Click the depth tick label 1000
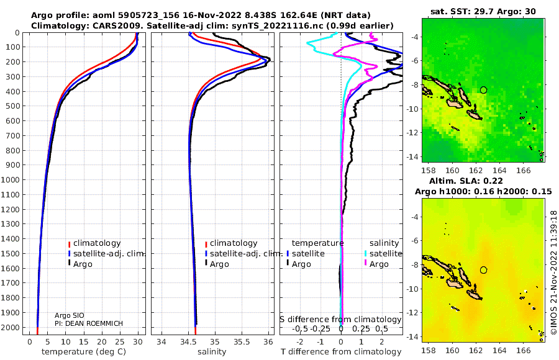[x=10, y=179]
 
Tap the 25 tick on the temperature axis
[x=120, y=342]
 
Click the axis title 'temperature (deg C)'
[x=84, y=352]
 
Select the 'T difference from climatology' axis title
[x=341, y=352]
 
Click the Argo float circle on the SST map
[x=483, y=90]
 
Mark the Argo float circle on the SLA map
[x=483, y=270]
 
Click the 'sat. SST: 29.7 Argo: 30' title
[x=483, y=11]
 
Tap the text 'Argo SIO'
[x=70, y=315]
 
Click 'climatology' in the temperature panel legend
[x=97, y=243]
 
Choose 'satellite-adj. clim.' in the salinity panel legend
[x=246, y=254]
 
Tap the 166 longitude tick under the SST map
[x=523, y=170]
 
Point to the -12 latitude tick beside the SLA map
[x=414, y=313]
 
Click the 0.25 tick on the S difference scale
[x=361, y=328]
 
